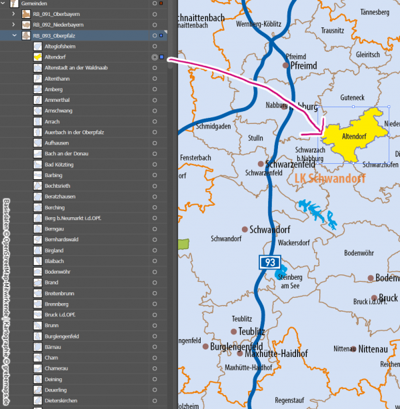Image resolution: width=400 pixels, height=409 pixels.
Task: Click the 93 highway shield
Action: coord(269,262)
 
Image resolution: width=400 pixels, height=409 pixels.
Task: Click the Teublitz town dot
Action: coord(234,331)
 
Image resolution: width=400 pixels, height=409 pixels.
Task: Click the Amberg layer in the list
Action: coord(53,89)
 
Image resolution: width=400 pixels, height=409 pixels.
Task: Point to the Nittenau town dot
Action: coord(354,348)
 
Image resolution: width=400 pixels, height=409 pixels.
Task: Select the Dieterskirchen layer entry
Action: coord(61,400)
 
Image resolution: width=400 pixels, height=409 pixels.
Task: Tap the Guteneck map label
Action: coord(352,98)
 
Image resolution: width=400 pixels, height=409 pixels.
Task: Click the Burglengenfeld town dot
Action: coord(205,346)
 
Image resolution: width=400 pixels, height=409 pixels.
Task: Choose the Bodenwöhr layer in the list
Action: coord(57,272)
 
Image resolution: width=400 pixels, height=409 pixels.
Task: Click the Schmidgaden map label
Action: coord(213,125)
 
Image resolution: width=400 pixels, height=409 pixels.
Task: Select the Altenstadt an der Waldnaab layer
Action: coord(73,68)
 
